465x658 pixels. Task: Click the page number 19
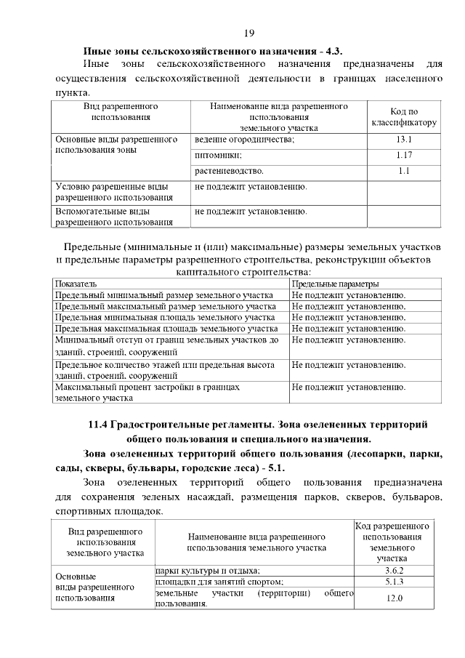point(248,33)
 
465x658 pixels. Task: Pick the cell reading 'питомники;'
point(219,155)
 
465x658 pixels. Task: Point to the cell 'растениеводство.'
point(229,171)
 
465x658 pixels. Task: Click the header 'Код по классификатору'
point(404,117)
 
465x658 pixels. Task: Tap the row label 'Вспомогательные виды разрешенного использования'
point(114,217)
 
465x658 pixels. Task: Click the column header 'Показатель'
point(76,284)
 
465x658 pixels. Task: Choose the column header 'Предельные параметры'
point(336,284)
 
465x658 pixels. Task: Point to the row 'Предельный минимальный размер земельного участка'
point(164,295)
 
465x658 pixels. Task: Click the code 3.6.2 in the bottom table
point(394,570)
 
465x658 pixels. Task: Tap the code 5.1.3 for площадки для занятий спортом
point(394,582)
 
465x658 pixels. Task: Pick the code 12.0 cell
point(394,598)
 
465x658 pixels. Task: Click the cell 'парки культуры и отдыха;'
point(208,570)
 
